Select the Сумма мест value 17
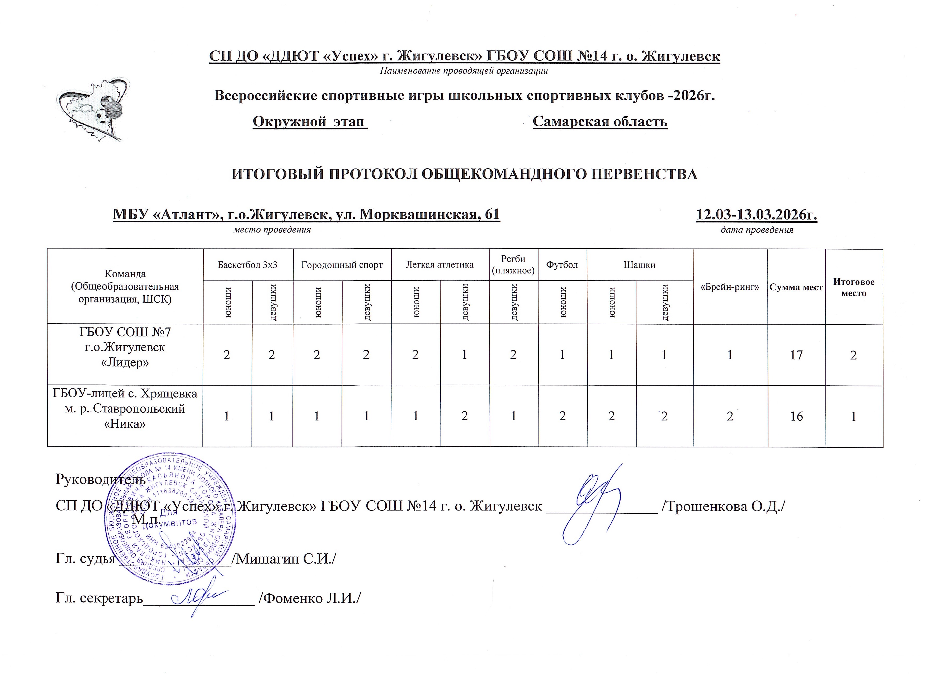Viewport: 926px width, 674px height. coord(796,355)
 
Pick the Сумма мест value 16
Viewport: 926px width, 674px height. coord(796,416)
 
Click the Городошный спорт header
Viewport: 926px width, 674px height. coord(342,265)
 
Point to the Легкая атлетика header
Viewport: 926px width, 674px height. coord(440,265)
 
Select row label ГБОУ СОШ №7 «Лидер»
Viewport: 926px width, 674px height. coord(125,347)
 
